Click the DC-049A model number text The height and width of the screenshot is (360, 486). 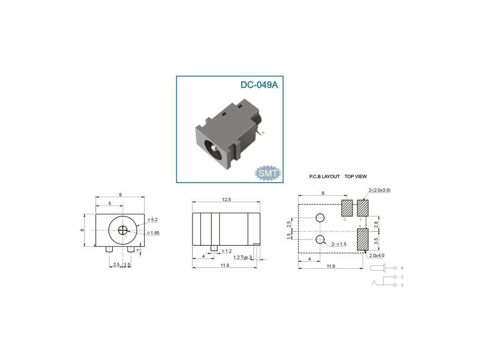pos(259,85)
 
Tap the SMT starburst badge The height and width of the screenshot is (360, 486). pos(268,172)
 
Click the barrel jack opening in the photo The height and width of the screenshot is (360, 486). pos(214,146)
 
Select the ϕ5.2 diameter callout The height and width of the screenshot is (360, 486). pos(153,220)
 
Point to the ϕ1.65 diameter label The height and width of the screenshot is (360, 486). pos(154,233)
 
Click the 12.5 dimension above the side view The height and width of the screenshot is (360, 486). pos(226,199)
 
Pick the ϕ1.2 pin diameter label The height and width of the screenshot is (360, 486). pos(226,251)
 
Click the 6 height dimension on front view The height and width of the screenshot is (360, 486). pos(83,230)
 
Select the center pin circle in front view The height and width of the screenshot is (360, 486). pos(123,230)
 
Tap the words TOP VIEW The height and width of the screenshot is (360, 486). pos(356,177)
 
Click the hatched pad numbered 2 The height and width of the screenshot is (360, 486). pos(347,208)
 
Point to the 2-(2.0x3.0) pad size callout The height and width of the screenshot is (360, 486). pos(380,190)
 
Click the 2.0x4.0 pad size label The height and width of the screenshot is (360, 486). pos(377,256)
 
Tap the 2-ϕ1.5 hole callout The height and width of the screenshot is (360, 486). pos(339,244)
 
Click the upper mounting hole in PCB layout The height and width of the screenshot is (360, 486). pos(320,218)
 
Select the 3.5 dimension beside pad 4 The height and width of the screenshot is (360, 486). pos(376,240)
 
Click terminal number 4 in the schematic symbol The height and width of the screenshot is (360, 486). pos(401,268)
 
